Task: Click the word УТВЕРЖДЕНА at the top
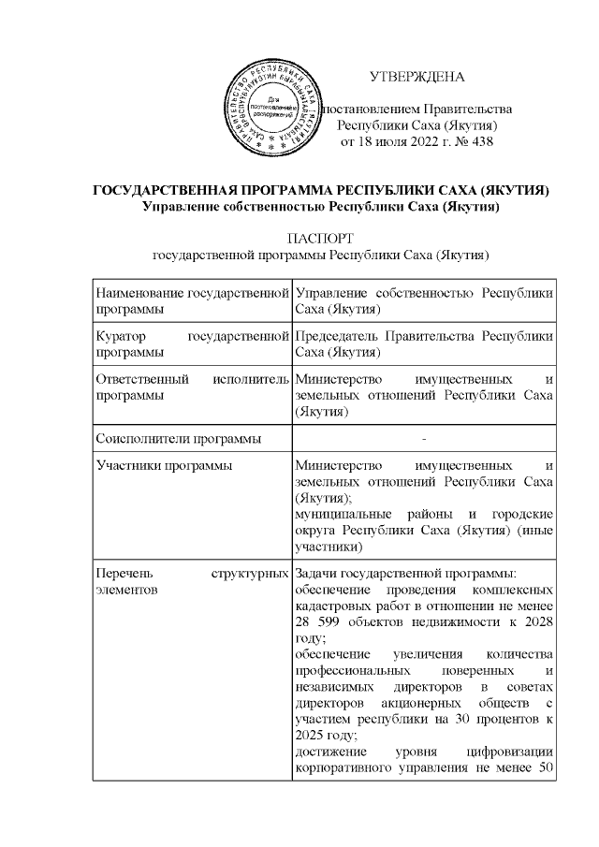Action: tap(416, 76)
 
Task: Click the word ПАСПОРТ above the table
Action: tap(321, 236)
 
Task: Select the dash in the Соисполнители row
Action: tap(424, 438)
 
